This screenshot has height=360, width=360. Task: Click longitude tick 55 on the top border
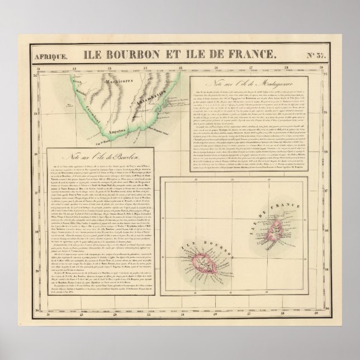[181, 69]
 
